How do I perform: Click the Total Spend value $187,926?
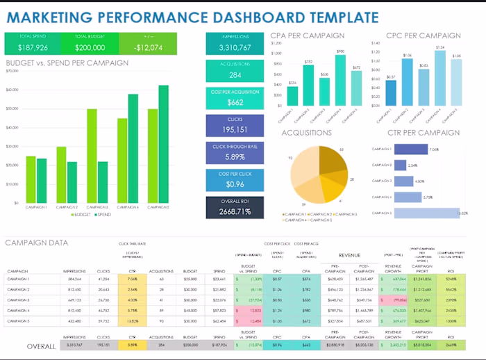click(33, 47)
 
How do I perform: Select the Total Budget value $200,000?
click(90, 47)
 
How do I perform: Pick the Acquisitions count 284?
click(235, 75)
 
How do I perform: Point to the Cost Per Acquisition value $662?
click(235, 102)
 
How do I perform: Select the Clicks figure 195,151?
click(235, 129)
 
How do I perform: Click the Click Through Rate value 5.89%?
click(235, 157)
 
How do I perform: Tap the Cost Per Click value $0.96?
click(235, 184)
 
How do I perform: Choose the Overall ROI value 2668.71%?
click(235, 211)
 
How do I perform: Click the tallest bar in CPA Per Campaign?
click(340, 80)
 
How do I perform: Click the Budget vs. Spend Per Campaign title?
click(67, 63)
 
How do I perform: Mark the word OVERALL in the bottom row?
click(42, 345)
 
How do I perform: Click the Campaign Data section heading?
click(37, 243)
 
